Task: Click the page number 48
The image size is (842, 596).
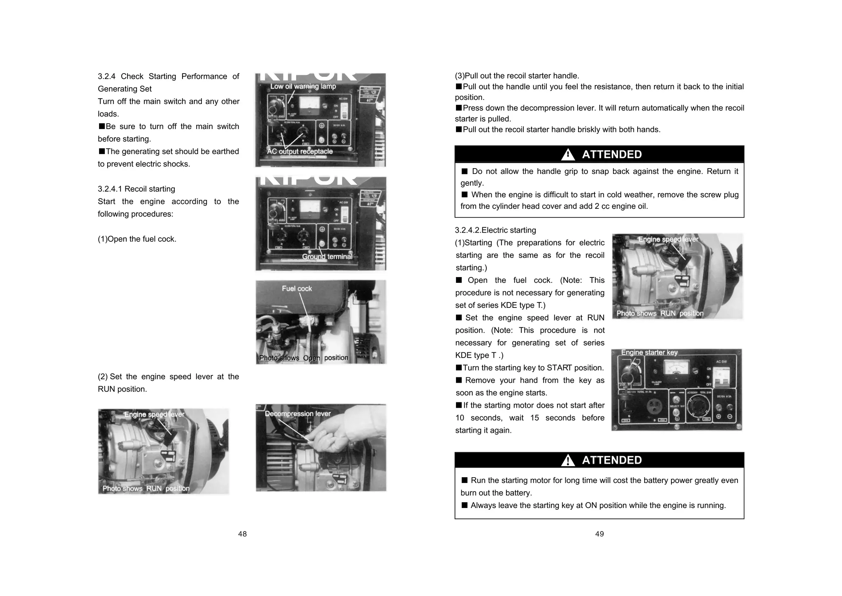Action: click(x=242, y=534)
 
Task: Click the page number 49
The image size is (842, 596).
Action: click(x=599, y=534)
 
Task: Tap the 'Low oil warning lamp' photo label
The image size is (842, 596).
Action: click(x=303, y=86)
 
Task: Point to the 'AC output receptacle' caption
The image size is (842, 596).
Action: click(x=300, y=151)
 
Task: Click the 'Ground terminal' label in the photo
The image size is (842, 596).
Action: click(x=327, y=256)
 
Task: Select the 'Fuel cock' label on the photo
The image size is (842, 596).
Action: click(x=297, y=289)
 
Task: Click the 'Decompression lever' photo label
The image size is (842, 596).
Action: click(x=298, y=414)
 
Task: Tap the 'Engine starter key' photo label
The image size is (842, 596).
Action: click(x=649, y=352)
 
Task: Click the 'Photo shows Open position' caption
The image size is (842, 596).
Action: click(x=303, y=358)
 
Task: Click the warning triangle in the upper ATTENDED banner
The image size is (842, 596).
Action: click(x=568, y=155)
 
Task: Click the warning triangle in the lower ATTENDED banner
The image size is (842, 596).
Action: click(x=568, y=460)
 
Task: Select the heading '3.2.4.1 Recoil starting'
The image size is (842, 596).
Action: click(x=136, y=189)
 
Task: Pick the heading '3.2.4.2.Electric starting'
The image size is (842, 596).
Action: click(x=495, y=230)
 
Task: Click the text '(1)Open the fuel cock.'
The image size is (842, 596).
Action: click(x=137, y=239)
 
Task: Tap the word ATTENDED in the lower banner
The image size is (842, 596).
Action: click(x=612, y=460)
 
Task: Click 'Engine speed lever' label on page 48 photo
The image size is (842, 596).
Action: click(x=155, y=414)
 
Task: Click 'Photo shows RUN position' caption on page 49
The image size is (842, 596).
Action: click(x=660, y=313)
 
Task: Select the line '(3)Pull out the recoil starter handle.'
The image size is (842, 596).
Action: click(x=517, y=76)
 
